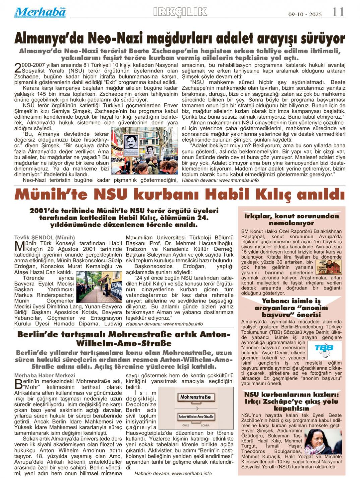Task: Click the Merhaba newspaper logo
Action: pos(40,12)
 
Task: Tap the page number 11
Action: pos(338,12)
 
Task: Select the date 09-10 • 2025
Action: pos(305,14)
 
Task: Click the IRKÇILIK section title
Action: pos(180,12)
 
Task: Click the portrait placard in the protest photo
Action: pos(131,143)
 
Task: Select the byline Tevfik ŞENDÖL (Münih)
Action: pos(45,237)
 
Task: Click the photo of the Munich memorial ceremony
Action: pos(99,287)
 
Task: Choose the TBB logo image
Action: pos(324,350)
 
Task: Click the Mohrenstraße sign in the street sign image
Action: pos(195,397)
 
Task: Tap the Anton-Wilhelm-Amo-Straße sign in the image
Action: pos(196,417)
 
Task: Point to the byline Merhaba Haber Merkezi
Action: pos(45,375)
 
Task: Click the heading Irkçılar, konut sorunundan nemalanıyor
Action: pos(291,219)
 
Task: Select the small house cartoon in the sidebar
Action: pos(328,267)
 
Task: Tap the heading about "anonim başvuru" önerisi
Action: pos(291,308)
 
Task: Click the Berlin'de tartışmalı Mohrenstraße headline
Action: pos(124,338)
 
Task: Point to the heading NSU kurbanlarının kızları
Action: pos(291,401)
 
